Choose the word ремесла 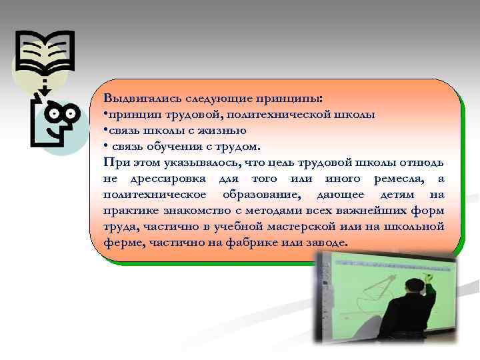click(x=394, y=179)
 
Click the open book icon click(x=45, y=54)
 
